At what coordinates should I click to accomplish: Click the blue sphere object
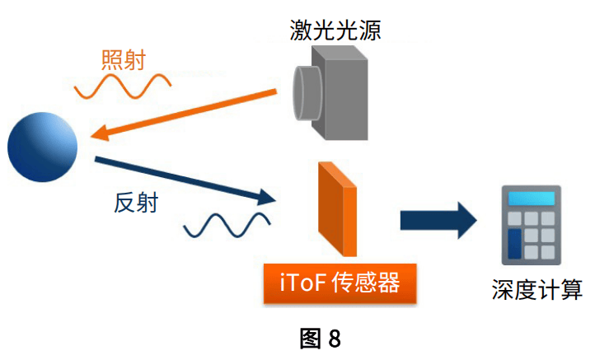(x=42, y=147)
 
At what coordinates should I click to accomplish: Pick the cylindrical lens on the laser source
(x=307, y=84)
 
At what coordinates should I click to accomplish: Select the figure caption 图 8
(x=321, y=339)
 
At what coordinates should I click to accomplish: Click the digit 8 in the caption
(x=334, y=339)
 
